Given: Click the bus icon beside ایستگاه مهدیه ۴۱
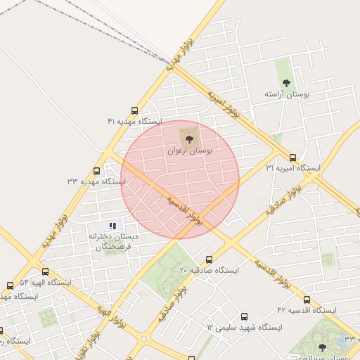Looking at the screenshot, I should [134, 110].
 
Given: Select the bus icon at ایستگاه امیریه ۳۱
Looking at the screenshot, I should [292, 157].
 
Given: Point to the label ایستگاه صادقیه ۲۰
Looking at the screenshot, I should [209, 270].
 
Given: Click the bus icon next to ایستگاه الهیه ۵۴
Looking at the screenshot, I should [46, 271].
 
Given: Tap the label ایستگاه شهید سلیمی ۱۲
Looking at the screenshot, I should [244, 328].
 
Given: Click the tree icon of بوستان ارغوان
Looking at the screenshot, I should [188, 138].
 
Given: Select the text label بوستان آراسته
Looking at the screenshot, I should [288, 94].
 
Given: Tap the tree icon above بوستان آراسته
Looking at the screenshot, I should [285, 83].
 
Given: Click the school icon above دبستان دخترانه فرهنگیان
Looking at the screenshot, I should [112, 226].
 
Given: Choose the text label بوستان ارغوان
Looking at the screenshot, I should [190, 150].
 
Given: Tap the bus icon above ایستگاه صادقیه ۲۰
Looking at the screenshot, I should [209, 259].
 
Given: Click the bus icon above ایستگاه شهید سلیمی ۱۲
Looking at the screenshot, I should [244, 317].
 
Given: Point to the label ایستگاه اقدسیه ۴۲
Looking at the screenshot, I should [307, 310].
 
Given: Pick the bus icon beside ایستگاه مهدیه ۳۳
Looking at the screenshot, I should [96, 171].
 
